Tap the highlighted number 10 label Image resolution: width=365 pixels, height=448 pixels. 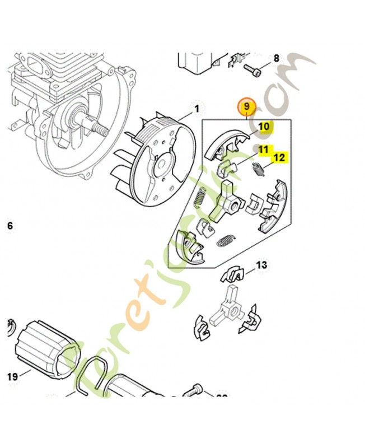point(264,127)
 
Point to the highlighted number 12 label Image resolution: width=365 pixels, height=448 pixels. point(279,158)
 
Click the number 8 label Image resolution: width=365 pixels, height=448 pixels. point(275,58)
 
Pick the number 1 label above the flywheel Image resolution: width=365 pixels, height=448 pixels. point(196,108)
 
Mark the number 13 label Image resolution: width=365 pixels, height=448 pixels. point(261,265)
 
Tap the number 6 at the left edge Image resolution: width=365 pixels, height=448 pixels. point(8,226)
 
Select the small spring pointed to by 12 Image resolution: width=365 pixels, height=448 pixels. point(259,169)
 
